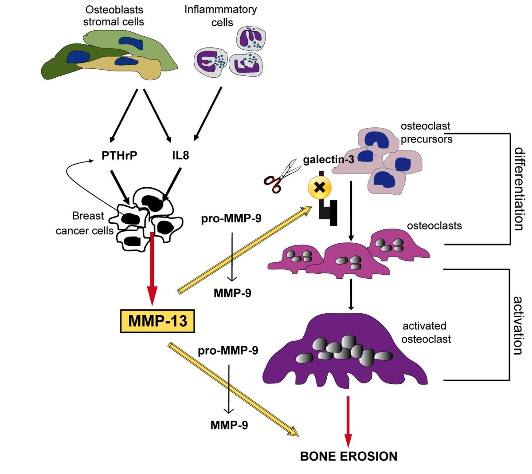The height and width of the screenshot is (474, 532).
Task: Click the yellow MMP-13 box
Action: click(157, 320)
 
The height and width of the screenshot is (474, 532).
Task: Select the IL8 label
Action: click(180, 156)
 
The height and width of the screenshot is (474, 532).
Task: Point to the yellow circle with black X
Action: click(320, 188)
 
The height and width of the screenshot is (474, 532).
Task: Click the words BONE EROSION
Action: click(348, 456)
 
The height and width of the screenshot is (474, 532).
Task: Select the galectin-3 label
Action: click(329, 159)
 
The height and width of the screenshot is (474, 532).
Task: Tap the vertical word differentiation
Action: click(519, 189)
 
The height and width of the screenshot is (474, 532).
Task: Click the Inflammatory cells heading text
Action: click(220, 16)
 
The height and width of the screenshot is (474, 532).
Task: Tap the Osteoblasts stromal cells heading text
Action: click(113, 16)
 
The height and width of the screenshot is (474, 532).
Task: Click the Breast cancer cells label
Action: click(85, 223)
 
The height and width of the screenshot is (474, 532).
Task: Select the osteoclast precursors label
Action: click(426, 132)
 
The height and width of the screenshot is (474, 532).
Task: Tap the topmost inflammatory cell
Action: click(250, 40)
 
